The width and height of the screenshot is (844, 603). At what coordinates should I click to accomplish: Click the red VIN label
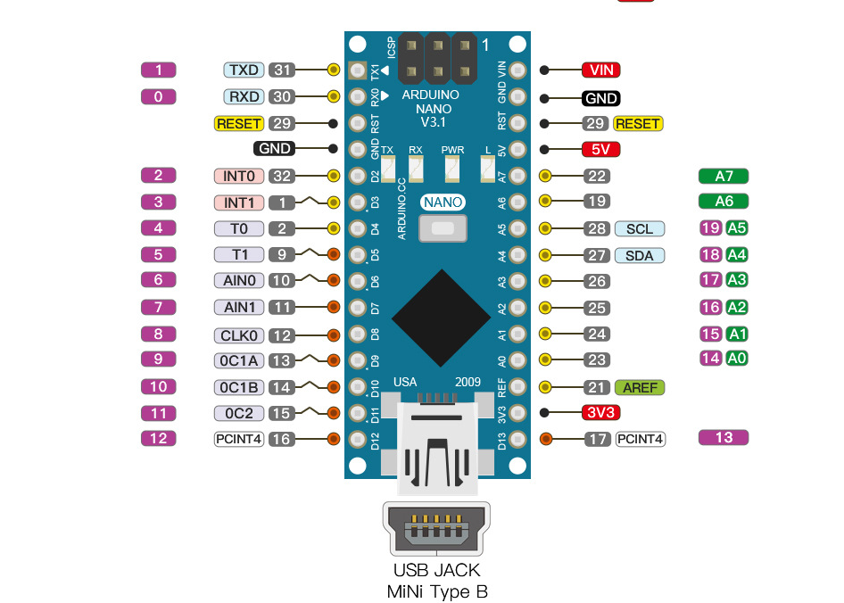(x=600, y=70)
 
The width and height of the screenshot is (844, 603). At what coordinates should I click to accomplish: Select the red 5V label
(x=600, y=150)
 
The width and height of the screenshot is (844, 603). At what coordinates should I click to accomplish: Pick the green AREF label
(x=640, y=387)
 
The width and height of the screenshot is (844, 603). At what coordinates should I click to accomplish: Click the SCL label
(x=640, y=229)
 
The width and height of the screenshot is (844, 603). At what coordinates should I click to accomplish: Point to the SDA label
(x=640, y=256)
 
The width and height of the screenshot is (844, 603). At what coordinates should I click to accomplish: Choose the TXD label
(x=243, y=70)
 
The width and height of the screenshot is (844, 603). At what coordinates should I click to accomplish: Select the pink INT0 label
(x=239, y=177)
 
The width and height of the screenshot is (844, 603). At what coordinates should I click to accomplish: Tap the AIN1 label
(x=239, y=308)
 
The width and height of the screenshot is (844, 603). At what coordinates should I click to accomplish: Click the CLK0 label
(x=239, y=335)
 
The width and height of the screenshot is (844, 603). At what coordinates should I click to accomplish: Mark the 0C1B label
(x=239, y=388)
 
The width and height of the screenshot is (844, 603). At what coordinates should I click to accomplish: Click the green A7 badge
(x=724, y=176)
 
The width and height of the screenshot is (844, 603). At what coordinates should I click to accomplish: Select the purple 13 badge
(x=724, y=437)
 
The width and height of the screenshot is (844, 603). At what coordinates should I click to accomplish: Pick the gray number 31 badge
(x=282, y=70)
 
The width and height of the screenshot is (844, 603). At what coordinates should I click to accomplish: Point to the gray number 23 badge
(x=597, y=360)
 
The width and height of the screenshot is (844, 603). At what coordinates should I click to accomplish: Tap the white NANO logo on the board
(x=443, y=202)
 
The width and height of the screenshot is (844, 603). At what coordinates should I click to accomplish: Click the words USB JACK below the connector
(x=437, y=570)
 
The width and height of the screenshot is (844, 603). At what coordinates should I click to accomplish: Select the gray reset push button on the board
(x=443, y=230)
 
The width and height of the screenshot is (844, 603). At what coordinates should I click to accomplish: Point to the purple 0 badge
(x=159, y=96)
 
